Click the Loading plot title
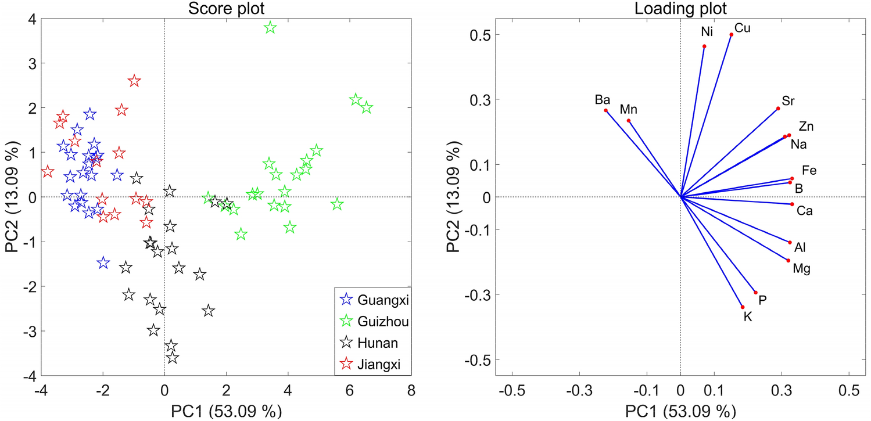pos(681,8)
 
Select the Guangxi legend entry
pos(375,300)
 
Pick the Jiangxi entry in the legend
pos(373,364)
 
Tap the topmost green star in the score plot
pos(270,28)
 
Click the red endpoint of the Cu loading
pos(732,35)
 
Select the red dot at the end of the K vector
pos(743,307)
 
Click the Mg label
pos(801,269)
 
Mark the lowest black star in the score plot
pos(172,358)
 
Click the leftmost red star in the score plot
pos(48,172)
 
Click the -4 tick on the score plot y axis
pos(28,376)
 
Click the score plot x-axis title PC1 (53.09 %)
pos(226,411)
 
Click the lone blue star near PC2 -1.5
pos(103,263)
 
